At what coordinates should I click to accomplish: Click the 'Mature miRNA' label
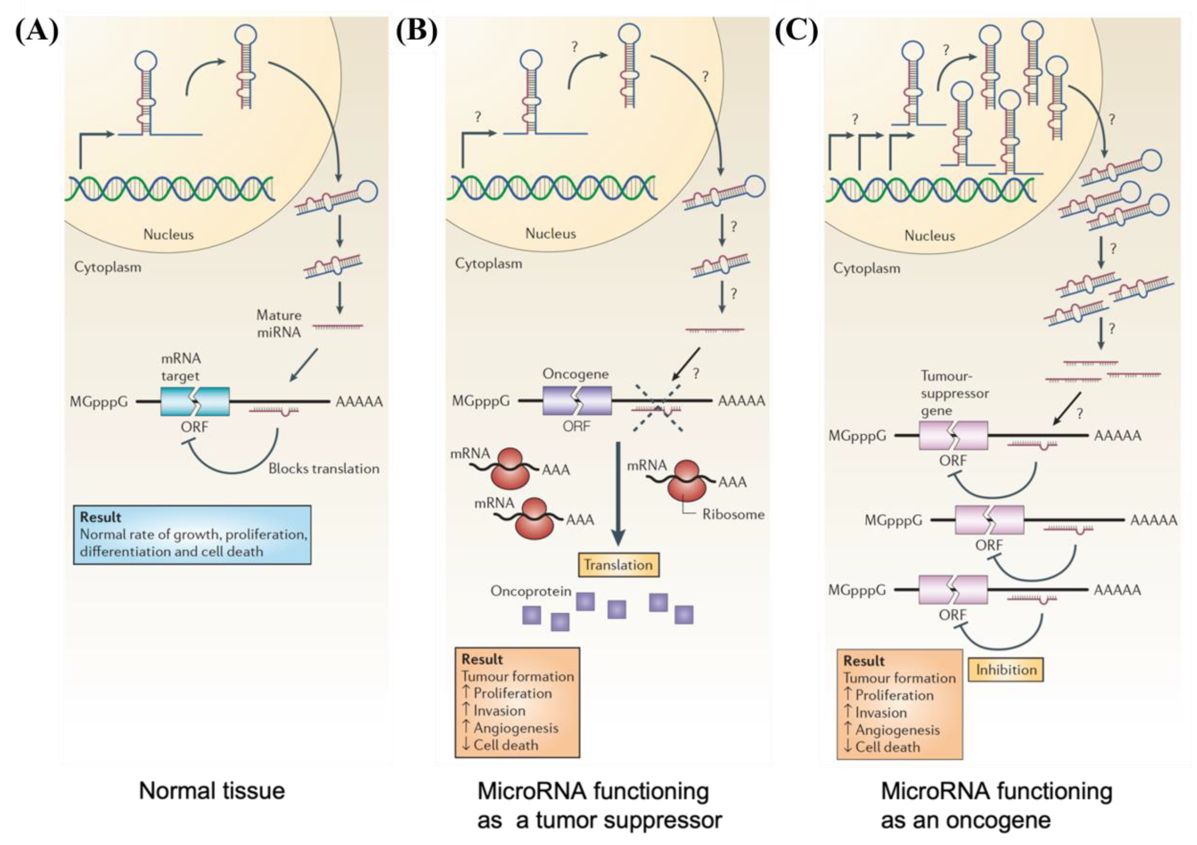pos(279,324)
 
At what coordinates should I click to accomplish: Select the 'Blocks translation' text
pos(324,469)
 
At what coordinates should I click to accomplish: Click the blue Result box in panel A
pos(192,534)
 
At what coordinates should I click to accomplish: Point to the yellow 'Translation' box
pos(618,564)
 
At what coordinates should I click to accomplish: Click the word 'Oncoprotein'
pos(531,591)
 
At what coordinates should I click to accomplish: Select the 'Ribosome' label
pos(733,515)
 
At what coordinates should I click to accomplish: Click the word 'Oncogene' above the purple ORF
pos(576,374)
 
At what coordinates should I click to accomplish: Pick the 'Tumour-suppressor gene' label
pos(954,393)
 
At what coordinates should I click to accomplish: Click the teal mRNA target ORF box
pos(195,401)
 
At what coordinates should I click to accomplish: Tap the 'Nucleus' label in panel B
pos(551,233)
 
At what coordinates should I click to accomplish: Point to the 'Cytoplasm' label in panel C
pos(866,268)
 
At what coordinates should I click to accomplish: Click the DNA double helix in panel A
pos(169,189)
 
